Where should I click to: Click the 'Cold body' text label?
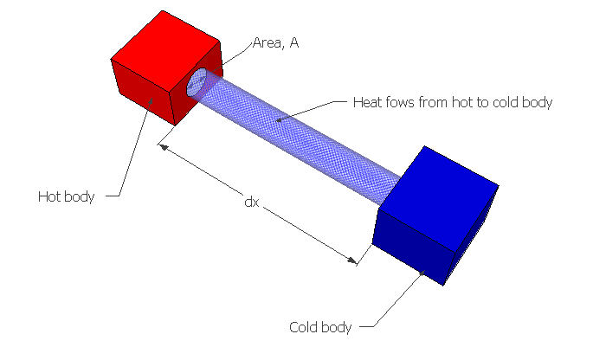click(320, 327)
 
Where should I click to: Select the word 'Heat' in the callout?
click(367, 101)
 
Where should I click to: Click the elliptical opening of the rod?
click(198, 82)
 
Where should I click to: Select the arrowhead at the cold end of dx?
click(352, 259)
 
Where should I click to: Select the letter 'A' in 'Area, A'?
click(306, 41)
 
